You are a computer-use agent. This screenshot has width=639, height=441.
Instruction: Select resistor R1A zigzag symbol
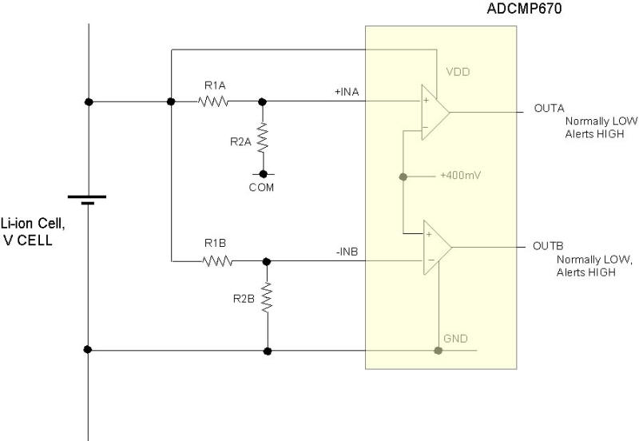(213, 101)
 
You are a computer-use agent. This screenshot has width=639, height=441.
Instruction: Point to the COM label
(262, 188)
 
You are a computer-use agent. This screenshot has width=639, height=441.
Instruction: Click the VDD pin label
(458, 72)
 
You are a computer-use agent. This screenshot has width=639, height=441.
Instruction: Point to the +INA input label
(347, 92)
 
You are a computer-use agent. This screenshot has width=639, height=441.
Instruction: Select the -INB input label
(347, 252)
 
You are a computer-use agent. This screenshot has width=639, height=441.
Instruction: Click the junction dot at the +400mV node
(403, 176)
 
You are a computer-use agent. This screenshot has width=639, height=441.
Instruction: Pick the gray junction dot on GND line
(438, 350)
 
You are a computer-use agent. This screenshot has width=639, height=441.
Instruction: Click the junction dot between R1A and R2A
(263, 101)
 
